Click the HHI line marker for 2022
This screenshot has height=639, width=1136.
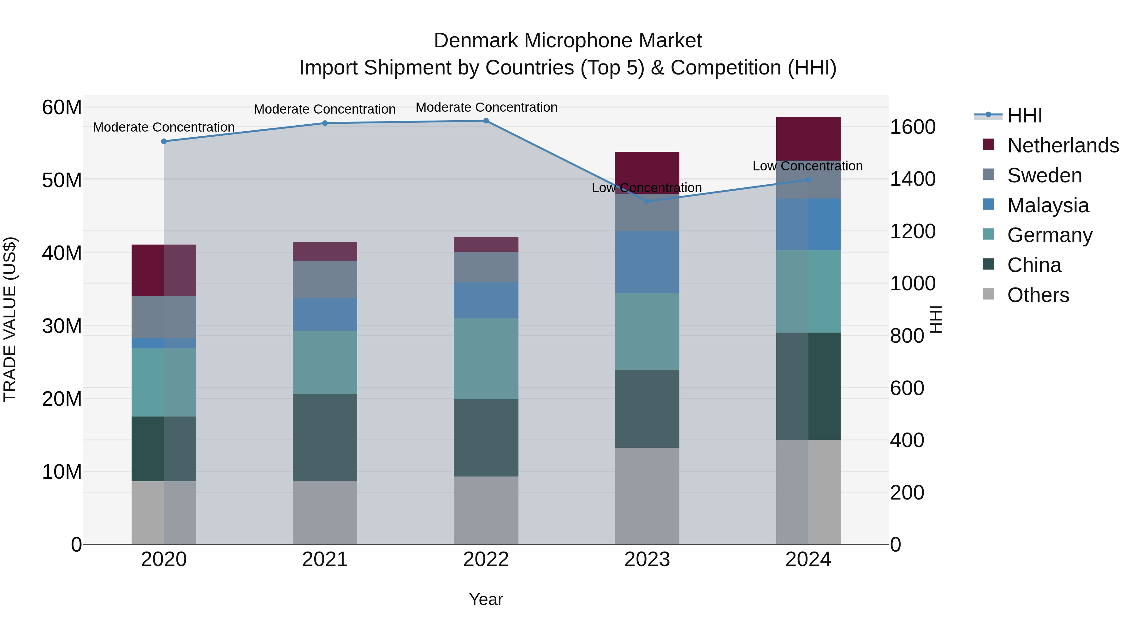tap(486, 121)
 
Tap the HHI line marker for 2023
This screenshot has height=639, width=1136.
tap(647, 202)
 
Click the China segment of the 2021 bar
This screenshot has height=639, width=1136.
tap(325, 437)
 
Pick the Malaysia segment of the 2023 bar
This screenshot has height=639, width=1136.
tap(647, 262)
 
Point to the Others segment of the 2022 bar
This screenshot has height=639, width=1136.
tap(486, 510)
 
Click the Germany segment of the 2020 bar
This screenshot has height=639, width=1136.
tap(163, 382)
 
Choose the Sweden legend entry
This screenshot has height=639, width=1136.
tap(1044, 175)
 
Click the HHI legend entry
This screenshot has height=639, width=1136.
tap(1024, 115)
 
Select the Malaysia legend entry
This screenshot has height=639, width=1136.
tap(1048, 205)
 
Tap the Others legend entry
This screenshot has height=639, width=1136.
tap(1038, 295)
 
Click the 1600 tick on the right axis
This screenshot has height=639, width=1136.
tap(912, 127)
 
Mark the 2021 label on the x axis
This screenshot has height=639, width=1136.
tap(325, 559)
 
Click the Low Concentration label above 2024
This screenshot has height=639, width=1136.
tap(808, 166)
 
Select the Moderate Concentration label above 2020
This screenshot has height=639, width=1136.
tap(163, 127)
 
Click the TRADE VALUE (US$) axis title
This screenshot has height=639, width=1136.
tap(10, 319)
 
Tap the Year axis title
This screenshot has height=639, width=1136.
tap(486, 599)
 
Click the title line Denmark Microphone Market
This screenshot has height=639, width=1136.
tap(568, 41)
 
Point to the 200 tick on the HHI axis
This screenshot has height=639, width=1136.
tap(907, 493)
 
